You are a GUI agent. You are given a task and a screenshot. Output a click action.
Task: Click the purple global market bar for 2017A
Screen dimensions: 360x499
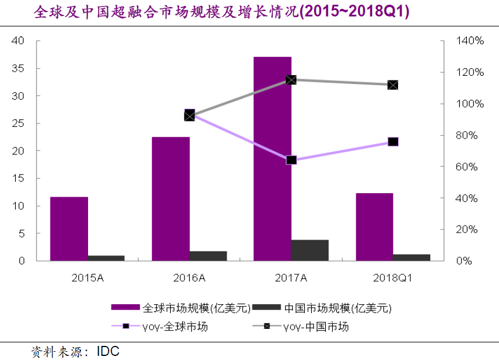(x=272, y=159)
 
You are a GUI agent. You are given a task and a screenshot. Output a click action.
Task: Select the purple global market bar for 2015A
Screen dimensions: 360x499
(x=69, y=228)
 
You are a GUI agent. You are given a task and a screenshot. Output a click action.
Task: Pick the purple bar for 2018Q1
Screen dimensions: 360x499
(x=375, y=227)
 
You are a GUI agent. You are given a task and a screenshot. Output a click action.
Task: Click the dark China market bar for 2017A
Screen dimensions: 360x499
(x=310, y=250)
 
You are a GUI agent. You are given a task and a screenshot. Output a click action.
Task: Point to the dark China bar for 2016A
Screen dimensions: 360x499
(x=208, y=256)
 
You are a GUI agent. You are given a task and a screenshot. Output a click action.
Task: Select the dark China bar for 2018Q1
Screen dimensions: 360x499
(x=412, y=257)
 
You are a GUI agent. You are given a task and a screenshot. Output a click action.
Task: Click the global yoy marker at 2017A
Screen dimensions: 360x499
(x=292, y=160)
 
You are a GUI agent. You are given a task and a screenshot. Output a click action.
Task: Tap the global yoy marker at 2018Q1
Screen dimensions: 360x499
(x=393, y=142)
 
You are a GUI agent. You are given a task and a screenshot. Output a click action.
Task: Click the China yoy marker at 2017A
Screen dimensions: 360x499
(x=292, y=80)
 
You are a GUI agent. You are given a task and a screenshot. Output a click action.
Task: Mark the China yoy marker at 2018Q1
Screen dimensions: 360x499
(x=393, y=85)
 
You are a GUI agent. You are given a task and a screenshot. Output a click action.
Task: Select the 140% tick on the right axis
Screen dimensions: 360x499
(x=470, y=41)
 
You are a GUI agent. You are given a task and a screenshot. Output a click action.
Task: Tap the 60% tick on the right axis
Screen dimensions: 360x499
(x=470, y=167)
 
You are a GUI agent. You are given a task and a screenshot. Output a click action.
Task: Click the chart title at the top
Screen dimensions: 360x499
(x=222, y=12)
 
